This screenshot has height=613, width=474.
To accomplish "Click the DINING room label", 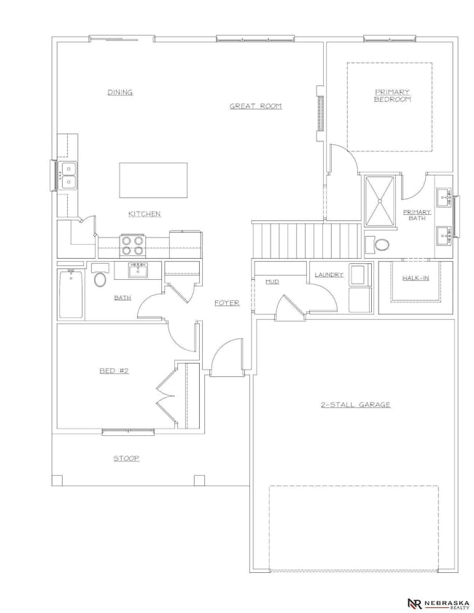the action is (x=120, y=93).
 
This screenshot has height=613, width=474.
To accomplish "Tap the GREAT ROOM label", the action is (x=255, y=106).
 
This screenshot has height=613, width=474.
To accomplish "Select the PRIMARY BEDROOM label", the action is (x=392, y=95).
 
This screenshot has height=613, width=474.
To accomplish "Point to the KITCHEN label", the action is (x=144, y=214).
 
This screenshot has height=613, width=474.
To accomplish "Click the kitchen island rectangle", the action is (x=153, y=180).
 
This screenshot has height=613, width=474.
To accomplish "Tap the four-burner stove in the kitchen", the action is (x=132, y=246).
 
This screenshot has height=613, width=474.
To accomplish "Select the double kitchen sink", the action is (x=68, y=175).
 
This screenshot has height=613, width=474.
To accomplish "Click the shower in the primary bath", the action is (x=379, y=201).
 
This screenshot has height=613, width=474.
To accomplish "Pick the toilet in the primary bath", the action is (x=378, y=245).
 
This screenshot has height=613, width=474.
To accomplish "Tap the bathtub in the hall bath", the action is (x=71, y=293).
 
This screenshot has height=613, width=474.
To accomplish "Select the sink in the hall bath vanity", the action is (x=138, y=270).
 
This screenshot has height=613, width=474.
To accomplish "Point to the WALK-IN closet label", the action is (x=416, y=278).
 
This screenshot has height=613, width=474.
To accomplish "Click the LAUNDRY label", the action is (x=329, y=275).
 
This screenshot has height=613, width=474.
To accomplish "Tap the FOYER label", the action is (x=227, y=303).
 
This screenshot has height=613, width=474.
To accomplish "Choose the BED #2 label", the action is (x=114, y=370).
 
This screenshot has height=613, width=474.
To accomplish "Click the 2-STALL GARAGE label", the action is (x=356, y=405).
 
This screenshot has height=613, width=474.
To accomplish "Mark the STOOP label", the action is (x=126, y=458).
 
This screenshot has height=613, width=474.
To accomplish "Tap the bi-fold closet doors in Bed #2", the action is (x=166, y=396).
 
